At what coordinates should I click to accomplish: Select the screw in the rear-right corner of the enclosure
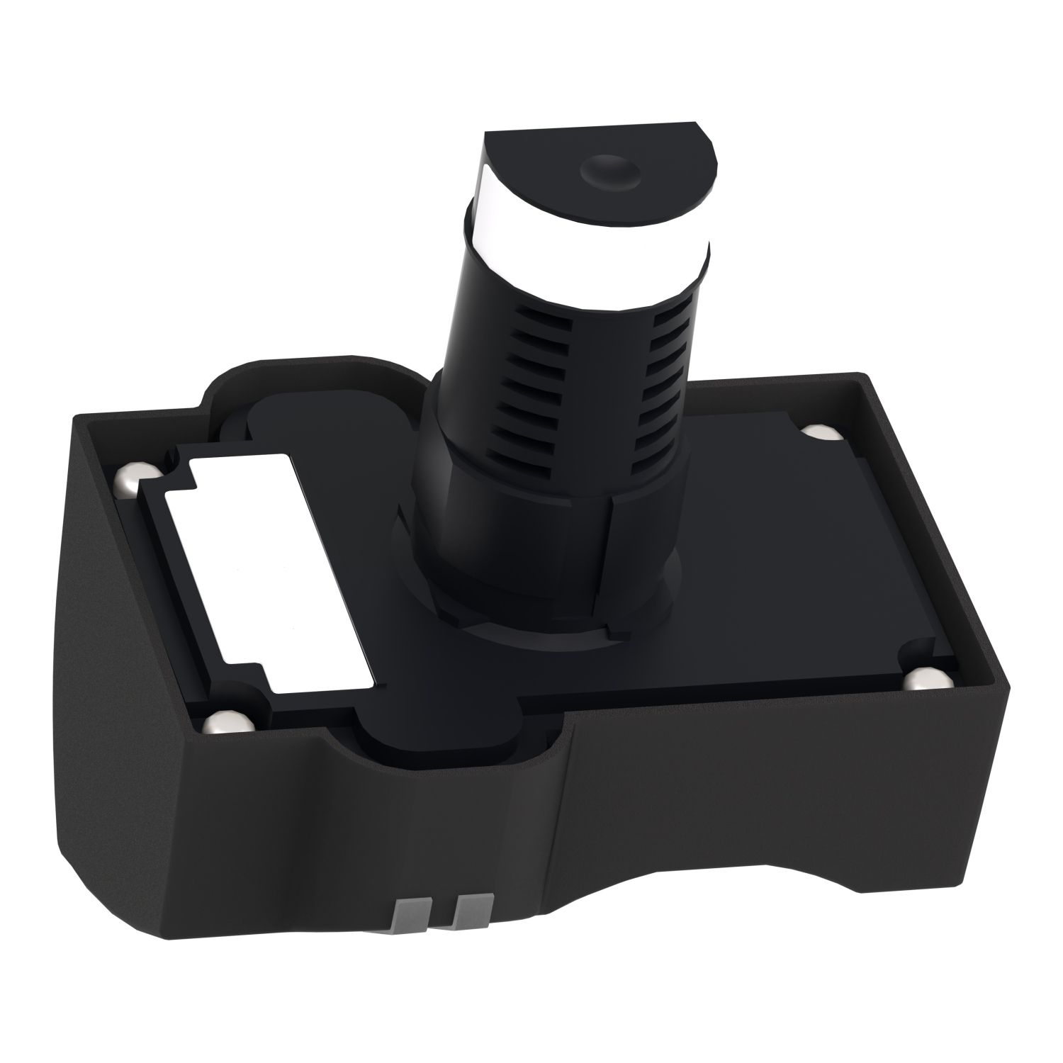819,433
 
